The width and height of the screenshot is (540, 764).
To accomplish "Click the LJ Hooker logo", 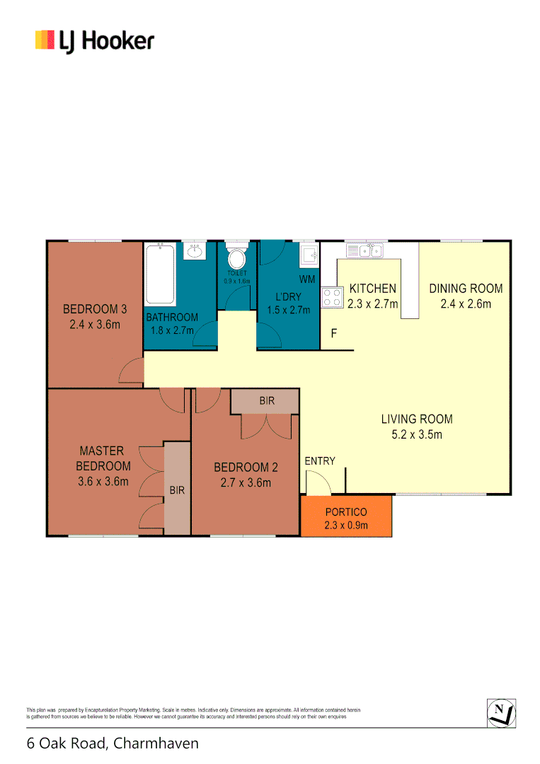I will tap(94, 40).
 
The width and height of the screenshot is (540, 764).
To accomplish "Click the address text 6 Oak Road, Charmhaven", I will tap(113, 743).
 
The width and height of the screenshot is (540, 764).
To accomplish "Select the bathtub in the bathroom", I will tap(160, 275).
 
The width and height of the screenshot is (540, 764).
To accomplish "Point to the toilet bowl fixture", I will tap(237, 256).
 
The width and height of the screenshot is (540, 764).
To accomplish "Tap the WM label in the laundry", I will tap(307, 279).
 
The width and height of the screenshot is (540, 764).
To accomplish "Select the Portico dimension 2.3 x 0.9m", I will tap(346, 525).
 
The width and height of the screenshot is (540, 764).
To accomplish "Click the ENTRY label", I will tap(320, 461).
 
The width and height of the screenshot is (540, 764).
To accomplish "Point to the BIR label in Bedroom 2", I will tap(266, 401).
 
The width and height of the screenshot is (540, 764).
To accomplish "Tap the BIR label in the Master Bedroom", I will tap(177, 489).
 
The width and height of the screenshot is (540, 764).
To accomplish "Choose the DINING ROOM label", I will tap(466, 289).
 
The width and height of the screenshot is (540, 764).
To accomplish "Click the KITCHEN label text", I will tap(373, 289).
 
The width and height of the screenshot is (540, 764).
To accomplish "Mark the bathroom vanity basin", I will tap(195, 251).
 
